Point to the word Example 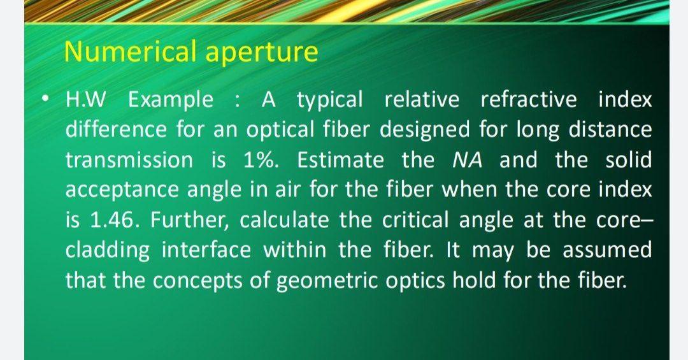[x=171, y=100]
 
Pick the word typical [x=330, y=100]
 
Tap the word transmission [x=129, y=160]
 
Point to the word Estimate [x=340, y=160]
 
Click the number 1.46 [x=104, y=220]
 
